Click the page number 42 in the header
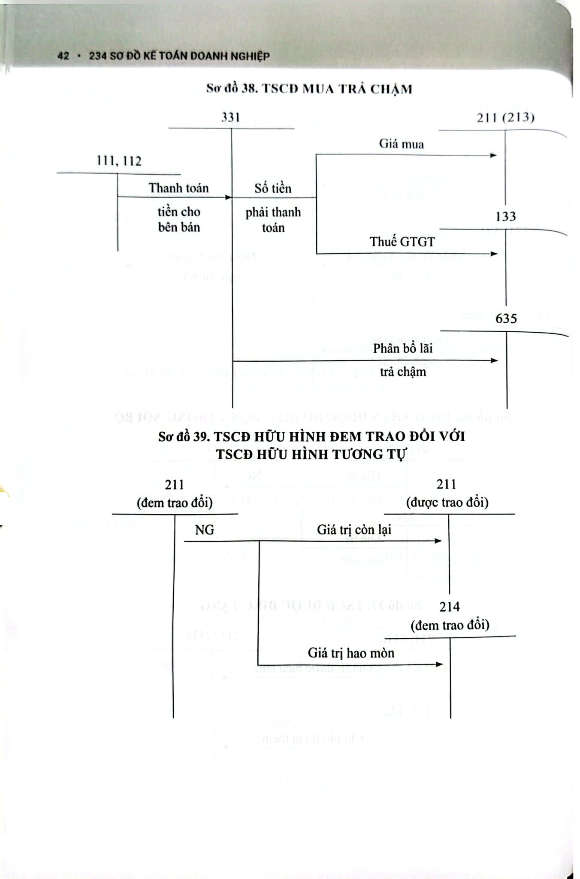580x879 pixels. [x=63, y=56]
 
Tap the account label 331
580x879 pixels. [x=230, y=117]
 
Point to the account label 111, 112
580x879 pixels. [x=119, y=161]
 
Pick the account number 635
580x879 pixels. [x=506, y=319]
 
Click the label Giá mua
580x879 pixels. [x=401, y=144]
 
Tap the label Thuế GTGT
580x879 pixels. [x=402, y=242]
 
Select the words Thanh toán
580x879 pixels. [x=178, y=188]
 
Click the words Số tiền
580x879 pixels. [x=273, y=188]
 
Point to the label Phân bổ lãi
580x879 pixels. [x=402, y=349]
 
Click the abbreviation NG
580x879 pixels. [x=204, y=530]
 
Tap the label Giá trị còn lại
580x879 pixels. [x=354, y=530]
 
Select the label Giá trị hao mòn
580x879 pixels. [x=351, y=653]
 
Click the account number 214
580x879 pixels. [x=449, y=607]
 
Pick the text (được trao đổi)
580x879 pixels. [x=447, y=502]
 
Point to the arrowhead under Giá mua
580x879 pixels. [x=493, y=155]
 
